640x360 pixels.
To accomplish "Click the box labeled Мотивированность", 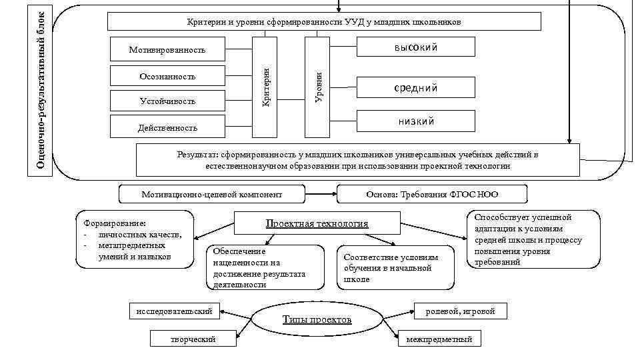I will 167,50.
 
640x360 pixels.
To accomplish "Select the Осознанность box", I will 167,77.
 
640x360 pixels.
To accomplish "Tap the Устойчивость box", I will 167,101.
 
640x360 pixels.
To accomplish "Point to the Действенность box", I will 167,127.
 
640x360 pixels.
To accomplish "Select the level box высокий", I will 416,47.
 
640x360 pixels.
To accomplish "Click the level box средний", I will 416,87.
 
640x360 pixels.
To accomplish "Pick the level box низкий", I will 416,121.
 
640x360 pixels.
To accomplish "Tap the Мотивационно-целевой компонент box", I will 211,195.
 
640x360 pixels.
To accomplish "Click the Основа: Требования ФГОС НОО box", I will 432,195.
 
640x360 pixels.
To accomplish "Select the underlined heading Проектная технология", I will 317,223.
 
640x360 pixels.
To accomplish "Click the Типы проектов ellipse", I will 317,320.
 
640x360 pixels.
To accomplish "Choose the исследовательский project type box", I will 173,311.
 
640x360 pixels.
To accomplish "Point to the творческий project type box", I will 193,339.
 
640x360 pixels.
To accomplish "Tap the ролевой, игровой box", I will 460,311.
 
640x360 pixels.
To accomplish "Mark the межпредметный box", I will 439,339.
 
